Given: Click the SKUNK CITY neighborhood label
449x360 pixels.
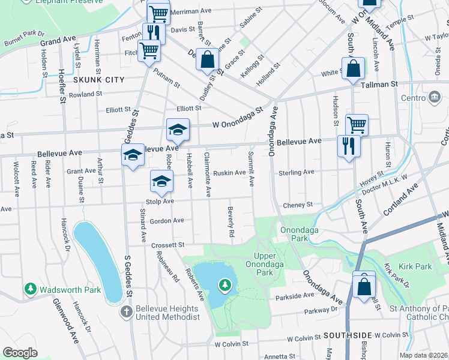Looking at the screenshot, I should pyautogui.click(x=98, y=80).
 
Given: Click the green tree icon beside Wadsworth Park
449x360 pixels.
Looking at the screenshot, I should pyautogui.click(x=31, y=290).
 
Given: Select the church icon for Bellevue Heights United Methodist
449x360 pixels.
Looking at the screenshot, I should pyautogui.click(x=125, y=311).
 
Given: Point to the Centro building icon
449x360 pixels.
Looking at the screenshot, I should pyautogui.click(x=434, y=97).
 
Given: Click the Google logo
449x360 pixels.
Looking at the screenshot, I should pyautogui.click(x=20, y=353).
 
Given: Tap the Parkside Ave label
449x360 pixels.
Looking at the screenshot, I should pyautogui.click(x=295, y=295).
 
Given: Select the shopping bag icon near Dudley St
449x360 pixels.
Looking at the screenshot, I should pyautogui.click(x=207, y=60).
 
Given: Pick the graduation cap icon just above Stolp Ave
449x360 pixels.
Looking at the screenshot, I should pyautogui.click(x=161, y=181).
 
